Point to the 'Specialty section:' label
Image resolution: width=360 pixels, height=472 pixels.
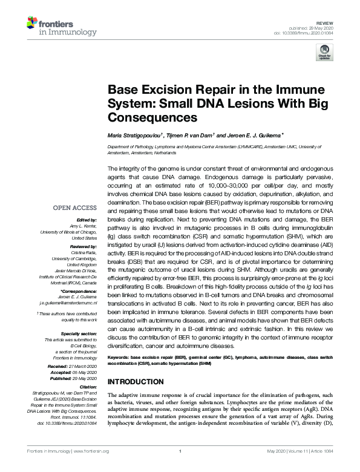point(80,333)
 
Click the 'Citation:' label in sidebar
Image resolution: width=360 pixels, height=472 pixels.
point(88,387)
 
